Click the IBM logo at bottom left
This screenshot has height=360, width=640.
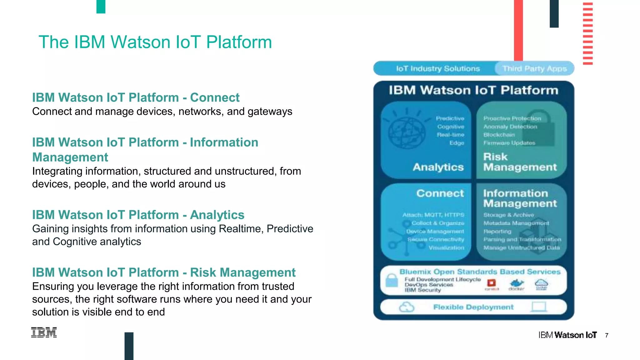[44, 332]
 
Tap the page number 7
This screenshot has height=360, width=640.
[607, 335]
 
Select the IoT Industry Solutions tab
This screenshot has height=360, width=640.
[437, 68]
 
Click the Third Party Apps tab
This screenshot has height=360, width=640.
[534, 68]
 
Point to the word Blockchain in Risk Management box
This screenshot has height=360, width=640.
[499, 135]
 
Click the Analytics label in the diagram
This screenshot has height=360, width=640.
[438, 167]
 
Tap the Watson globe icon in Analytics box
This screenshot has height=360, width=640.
[406, 133]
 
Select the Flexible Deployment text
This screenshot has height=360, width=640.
[473, 307]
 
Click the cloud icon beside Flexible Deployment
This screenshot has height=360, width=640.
[407, 307]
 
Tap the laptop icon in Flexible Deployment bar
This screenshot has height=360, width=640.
[539, 307]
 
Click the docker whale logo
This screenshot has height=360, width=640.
[517, 283]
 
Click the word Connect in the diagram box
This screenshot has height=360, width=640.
[440, 193]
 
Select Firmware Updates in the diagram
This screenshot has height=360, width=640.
[509, 143]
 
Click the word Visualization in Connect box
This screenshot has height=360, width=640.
[446, 248]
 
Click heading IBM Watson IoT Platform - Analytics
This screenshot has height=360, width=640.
[138, 215]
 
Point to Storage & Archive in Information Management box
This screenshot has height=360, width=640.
[508, 215]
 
